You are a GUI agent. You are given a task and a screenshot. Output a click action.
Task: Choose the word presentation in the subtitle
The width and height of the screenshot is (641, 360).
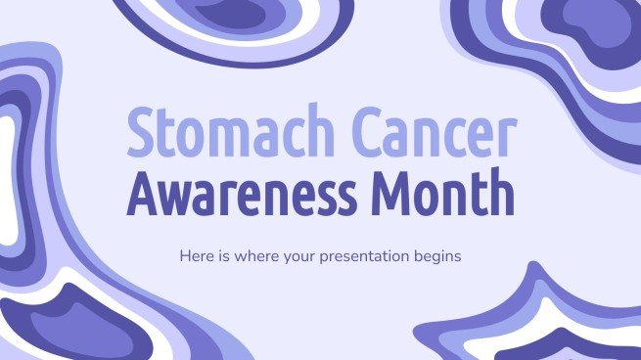370,257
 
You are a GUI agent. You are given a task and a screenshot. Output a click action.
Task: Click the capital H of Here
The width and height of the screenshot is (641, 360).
185,256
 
